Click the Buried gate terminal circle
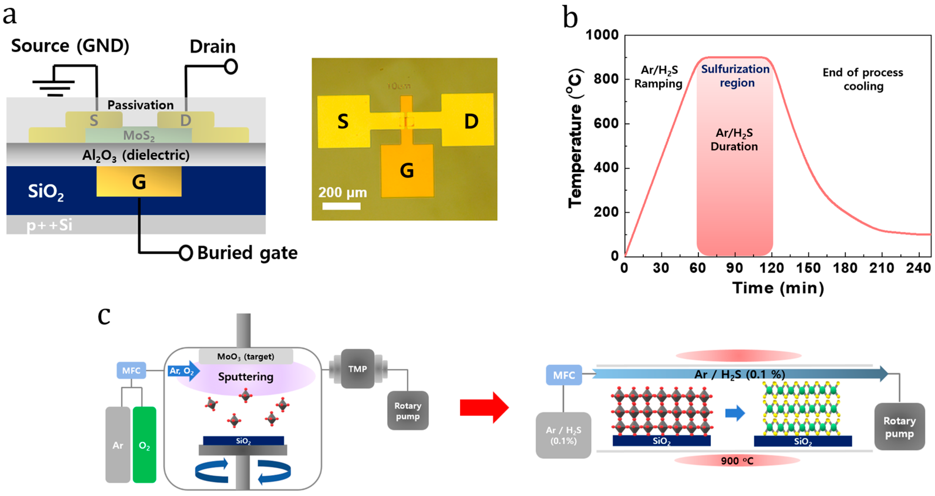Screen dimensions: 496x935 tap(186, 253)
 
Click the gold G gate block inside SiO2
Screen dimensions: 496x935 tap(139, 181)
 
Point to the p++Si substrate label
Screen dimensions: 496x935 tap(49, 225)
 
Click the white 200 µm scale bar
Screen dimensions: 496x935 tap(341, 206)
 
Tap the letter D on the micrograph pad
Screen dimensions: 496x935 tap(471, 121)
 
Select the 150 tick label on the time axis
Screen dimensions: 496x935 tap(808, 268)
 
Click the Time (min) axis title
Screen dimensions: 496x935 tap(778, 288)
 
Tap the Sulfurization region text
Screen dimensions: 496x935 tap(735, 76)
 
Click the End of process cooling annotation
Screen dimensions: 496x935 tap(863, 79)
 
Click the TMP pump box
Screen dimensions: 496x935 tap(358, 369)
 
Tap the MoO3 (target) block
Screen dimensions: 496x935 tap(246, 357)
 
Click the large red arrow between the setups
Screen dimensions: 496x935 tap(484, 407)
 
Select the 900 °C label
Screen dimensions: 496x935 tap(737, 461)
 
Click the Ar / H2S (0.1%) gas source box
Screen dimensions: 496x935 tap(563, 435)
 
